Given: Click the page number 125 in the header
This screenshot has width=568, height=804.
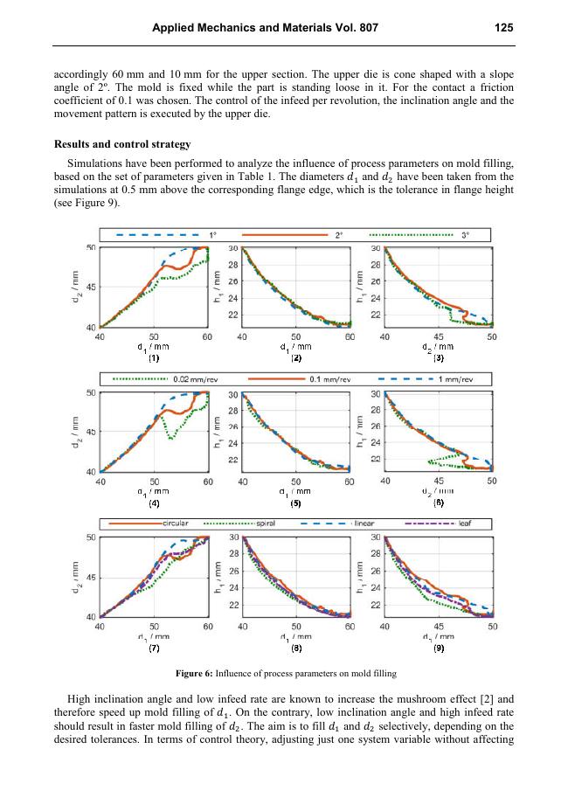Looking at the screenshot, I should pyautogui.click(x=503, y=28).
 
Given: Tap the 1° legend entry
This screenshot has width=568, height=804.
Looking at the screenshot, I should pyautogui.click(x=212, y=234).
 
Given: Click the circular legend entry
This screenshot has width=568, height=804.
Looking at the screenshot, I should pyautogui.click(x=176, y=523).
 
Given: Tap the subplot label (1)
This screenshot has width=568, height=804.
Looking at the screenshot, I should pyautogui.click(x=154, y=358).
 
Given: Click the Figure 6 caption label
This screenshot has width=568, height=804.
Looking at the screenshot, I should pyautogui.click(x=203, y=674).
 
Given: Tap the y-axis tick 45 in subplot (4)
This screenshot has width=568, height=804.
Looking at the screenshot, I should pyautogui.click(x=92, y=431).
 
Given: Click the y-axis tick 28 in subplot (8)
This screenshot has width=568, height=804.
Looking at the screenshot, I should pyautogui.click(x=233, y=554).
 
